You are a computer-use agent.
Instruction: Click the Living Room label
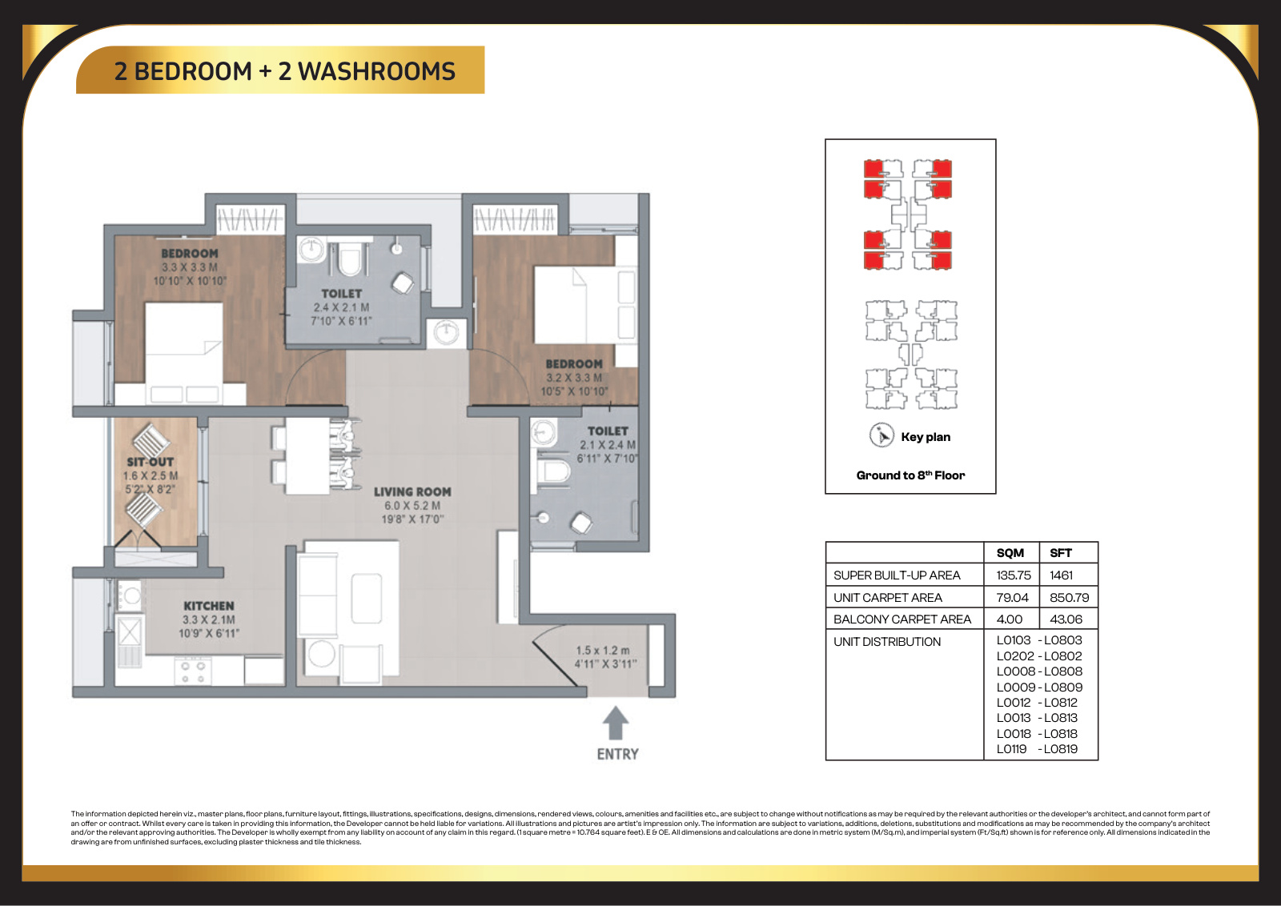pos(412,491)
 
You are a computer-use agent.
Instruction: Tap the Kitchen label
pos(209,606)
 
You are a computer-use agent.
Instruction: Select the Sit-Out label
pos(151,462)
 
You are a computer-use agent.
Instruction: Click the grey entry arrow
pos(616,723)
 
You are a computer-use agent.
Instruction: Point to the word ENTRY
pos(617,755)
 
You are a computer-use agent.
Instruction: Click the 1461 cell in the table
pos(1062,575)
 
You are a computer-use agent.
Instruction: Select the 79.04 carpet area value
pos(1012,597)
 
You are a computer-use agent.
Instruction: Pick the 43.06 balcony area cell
pos(1066,619)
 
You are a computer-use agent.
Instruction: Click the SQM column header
pos(1010,553)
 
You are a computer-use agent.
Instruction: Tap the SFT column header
pos(1061,553)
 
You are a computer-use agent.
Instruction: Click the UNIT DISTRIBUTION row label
pos(887,641)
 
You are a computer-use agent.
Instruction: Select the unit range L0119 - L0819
pos(1037,749)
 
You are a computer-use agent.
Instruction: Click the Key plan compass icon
pos(881,435)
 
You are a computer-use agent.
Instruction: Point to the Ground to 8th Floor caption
pos(910,475)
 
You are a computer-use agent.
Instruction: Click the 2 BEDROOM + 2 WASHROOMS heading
pos(285,71)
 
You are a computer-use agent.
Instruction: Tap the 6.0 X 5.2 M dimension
pos(412,505)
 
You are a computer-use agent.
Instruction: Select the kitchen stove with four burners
pos(193,671)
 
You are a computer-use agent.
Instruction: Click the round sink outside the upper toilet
pos(446,331)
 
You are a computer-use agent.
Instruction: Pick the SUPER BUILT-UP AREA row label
pos(897,575)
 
